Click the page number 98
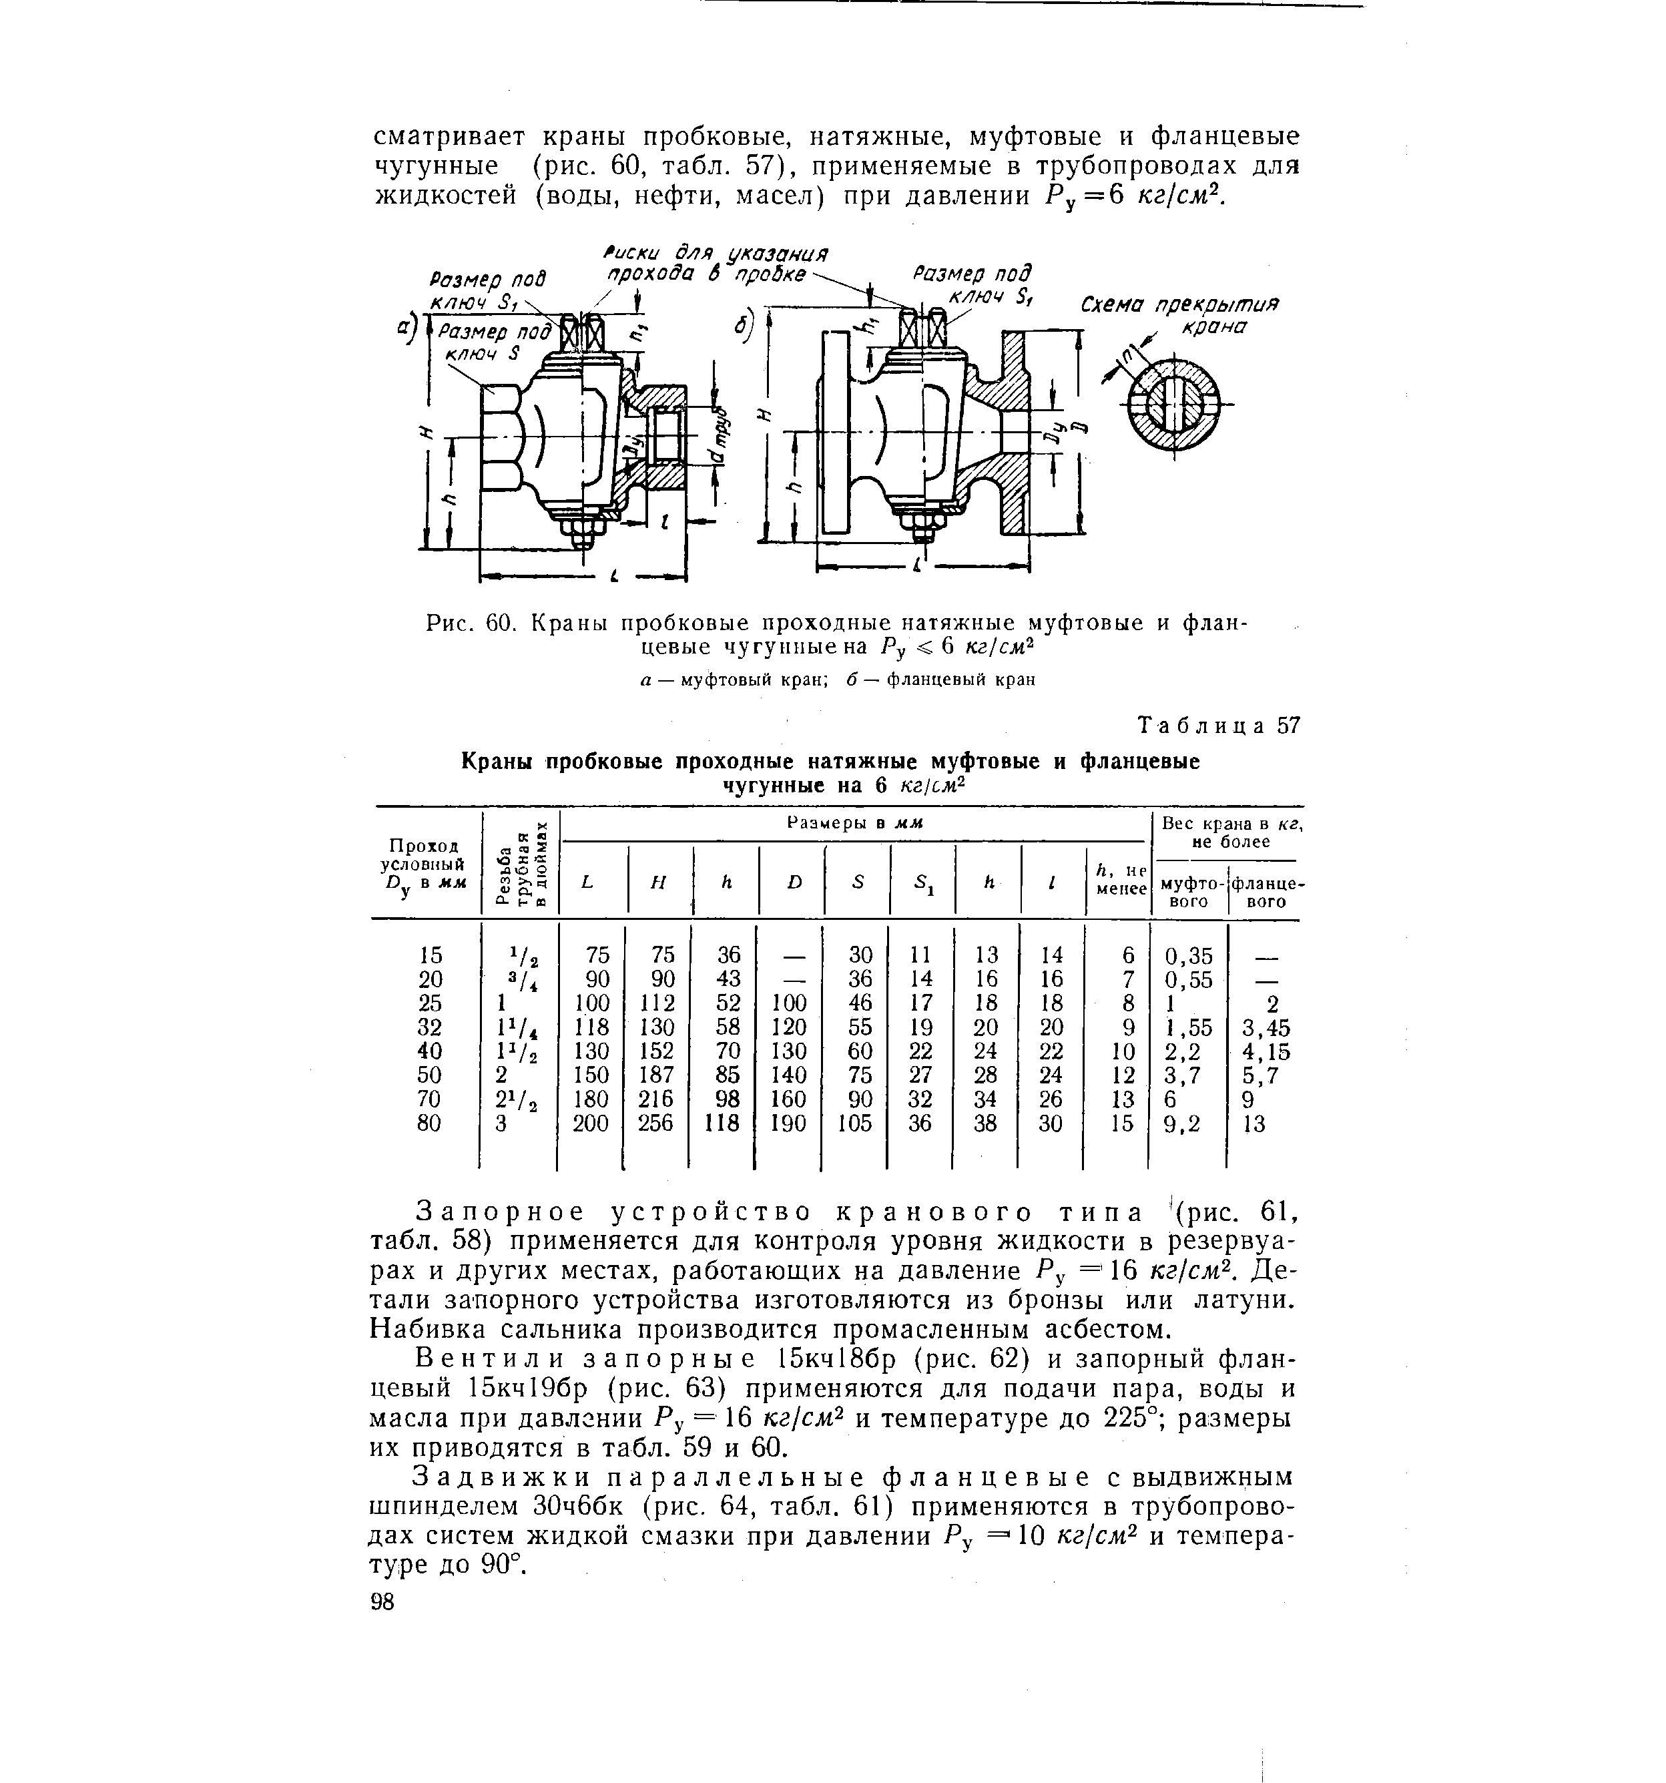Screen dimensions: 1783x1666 [382, 1602]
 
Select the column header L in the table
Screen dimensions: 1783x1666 [587, 882]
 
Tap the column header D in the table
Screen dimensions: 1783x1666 [794, 882]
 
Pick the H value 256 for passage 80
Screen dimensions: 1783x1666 [655, 1123]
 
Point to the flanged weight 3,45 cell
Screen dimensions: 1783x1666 [1266, 1027]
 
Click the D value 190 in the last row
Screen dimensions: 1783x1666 [788, 1123]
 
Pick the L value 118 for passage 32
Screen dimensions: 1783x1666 [593, 1027]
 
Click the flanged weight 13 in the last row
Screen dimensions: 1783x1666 [1254, 1123]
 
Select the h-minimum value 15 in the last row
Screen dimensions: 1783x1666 [1123, 1123]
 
